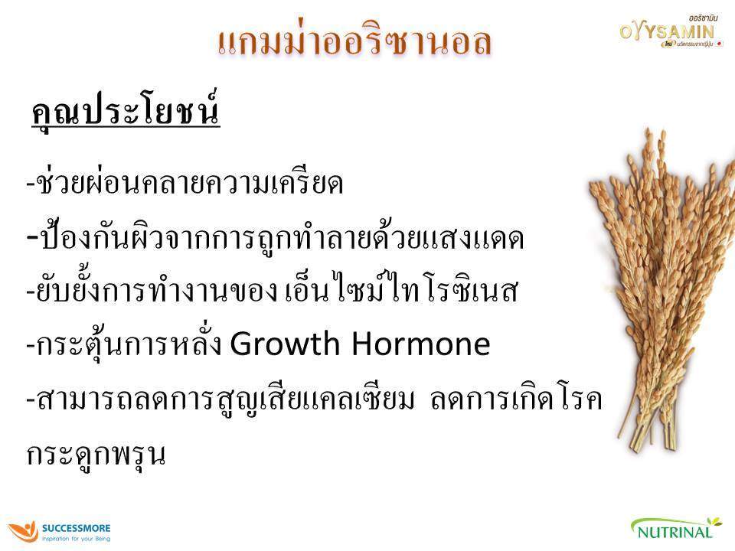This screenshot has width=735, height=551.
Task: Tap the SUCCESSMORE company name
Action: point(77,528)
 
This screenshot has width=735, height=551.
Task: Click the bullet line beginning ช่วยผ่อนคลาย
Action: point(184,184)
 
